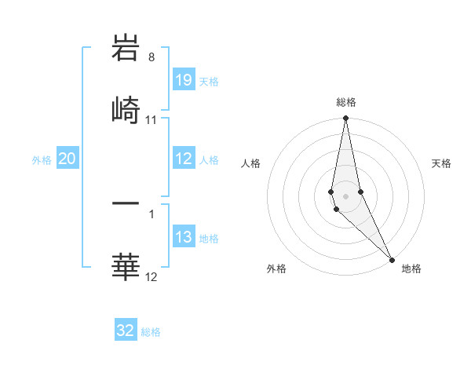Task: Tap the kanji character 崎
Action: coord(126,109)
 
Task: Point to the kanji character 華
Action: coord(126,267)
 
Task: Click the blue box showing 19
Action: coord(184,80)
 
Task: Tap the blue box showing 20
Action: coord(67,159)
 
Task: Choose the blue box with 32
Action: coord(126,331)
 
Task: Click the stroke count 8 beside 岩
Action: coord(152,58)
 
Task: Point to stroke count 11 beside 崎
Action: coord(152,120)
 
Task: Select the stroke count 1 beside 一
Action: coord(152,213)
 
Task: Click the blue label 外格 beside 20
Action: coord(42,160)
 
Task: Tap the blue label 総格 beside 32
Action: coord(151,332)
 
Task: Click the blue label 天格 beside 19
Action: coord(209,81)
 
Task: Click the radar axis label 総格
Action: coord(346,102)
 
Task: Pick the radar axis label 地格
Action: coord(411,269)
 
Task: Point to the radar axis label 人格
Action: coord(252,163)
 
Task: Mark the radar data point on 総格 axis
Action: coord(345,119)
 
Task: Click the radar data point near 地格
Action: coord(392,259)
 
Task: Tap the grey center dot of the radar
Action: coord(345,196)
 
